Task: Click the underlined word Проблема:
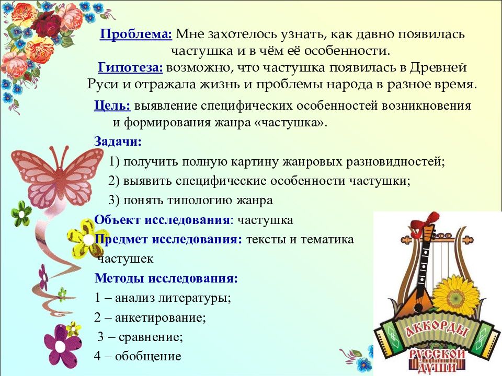coord(136,34)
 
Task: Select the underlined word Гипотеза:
coord(131,68)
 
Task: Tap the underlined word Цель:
coord(112,105)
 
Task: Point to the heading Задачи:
coord(118,142)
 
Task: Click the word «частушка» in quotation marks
coord(286,123)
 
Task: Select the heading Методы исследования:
coord(166,278)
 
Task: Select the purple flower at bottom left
coord(63,345)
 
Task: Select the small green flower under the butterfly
coord(21,213)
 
